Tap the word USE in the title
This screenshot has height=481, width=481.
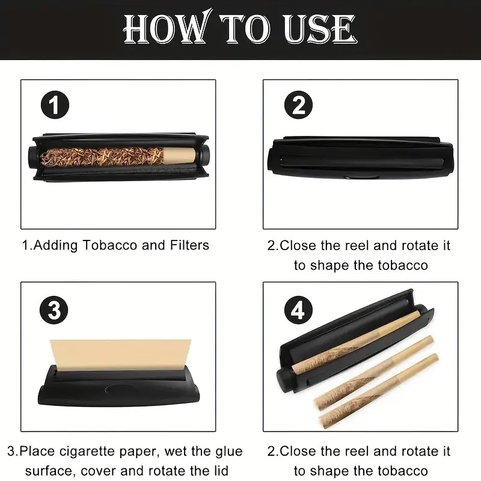coord(320,28)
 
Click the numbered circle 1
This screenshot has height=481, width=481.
coord(55,105)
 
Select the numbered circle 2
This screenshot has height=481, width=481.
coord(298,105)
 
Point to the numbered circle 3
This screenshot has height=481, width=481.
coord(54,310)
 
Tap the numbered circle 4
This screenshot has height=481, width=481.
coord(298,310)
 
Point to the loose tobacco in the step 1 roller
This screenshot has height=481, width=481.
coord(102,156)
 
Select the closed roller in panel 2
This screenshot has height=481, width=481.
coord(360,158)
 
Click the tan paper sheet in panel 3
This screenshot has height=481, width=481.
coord(120,355)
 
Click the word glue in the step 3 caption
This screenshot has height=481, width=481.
coord(229,452)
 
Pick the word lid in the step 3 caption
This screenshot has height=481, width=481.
coord(220,471)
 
